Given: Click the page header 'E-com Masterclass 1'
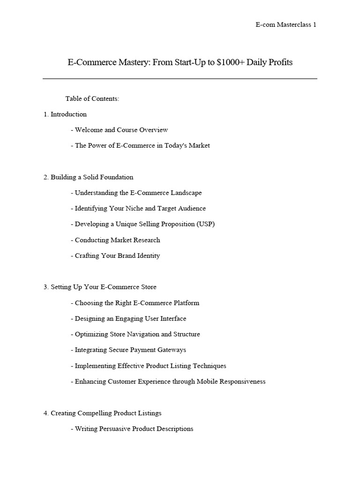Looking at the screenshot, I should tap(285, 25).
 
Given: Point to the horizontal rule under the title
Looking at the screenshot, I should tap(180, 79).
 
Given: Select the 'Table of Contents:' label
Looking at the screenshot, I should tap(92, 98).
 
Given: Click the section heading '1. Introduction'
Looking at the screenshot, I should tap(65, 114).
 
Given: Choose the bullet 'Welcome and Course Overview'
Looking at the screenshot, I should tap(121, 130).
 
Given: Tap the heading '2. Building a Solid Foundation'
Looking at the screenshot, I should tap(89, 177).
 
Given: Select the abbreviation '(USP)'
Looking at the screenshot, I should tap(205, 224).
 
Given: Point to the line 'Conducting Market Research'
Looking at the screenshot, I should tap(117, 240).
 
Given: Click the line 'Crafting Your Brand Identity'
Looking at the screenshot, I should tap(117, 255).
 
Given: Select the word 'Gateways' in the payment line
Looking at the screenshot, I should tap(172, 350).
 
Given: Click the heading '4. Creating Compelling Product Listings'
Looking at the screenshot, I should tap(103, 413).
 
